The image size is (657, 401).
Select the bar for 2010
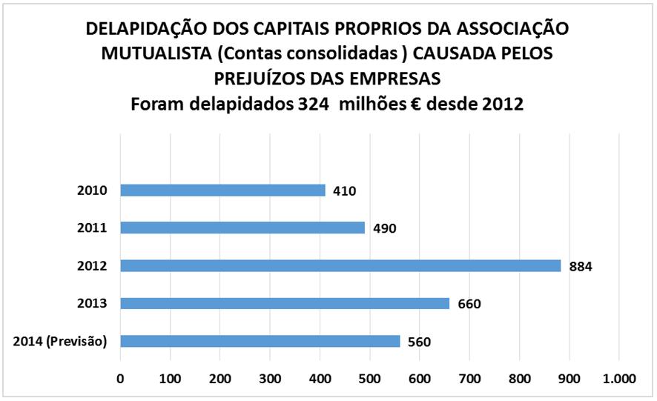click(x=222, y=190)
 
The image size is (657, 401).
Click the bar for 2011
click(x=242, y=228)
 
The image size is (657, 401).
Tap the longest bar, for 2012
click(x=340, y=265)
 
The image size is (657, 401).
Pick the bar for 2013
click(x=285, y=303)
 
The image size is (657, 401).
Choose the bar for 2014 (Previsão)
click(x=260, y=341)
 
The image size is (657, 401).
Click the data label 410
click(x=344, y=191)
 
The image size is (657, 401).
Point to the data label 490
click(x=384, y=228)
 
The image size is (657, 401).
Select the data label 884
click(x=581, y=266)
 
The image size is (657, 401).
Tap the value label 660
click(x=469, y=304)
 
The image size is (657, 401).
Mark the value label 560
click(x=419, y=342)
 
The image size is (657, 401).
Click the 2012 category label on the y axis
click(x=93, y=265)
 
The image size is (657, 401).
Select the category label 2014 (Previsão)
click(x=61, y=341)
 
